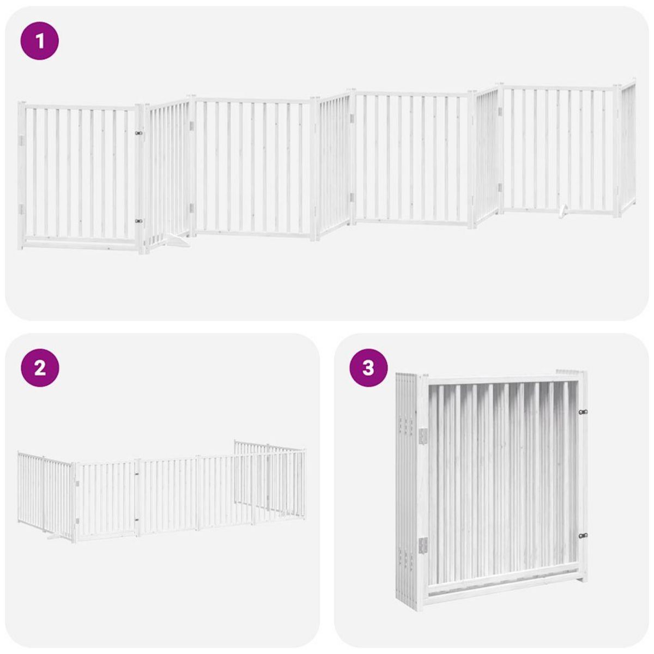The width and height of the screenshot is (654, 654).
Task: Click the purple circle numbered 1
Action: tap(39, 40)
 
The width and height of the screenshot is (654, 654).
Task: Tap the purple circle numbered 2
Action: tap(39, 368)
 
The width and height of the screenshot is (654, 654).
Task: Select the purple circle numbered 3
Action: tap(368, 368)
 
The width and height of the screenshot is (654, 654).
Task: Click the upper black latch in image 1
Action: tap(138, 132)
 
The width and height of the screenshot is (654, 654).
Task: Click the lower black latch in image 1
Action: tap(138, 221)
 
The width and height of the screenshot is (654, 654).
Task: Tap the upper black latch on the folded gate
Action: tap(583, 412)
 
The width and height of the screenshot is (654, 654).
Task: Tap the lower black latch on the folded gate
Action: tap(583, 536)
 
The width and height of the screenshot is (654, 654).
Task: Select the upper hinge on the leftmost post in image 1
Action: tap(21, 141)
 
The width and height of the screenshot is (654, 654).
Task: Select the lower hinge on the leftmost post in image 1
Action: tap(21, 209)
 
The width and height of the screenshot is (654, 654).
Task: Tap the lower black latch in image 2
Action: tap(137, 520)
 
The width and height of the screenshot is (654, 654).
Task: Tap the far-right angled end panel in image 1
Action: tap(628, 147)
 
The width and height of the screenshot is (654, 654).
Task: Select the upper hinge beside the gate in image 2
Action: tap(77, 482)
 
